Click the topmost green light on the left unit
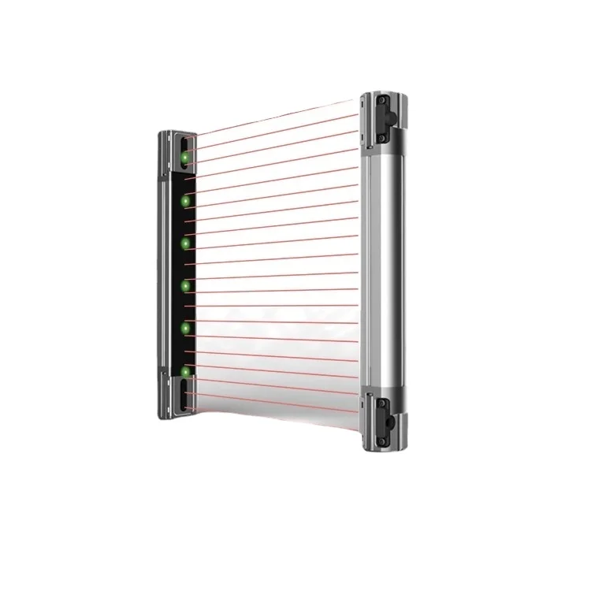(186, 157)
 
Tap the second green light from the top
(186, 202)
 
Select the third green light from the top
(186, 243)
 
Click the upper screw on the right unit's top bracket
(380, 102)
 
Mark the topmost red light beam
(276, 126)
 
